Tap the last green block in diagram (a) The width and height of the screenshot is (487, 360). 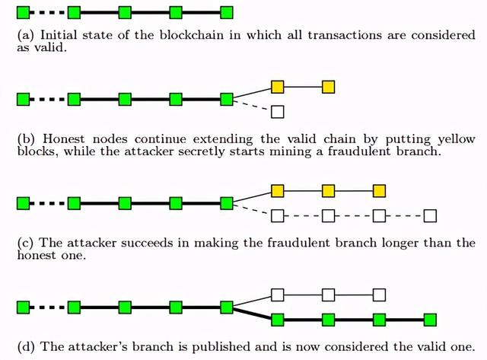(226, 12)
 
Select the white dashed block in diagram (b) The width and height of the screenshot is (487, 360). (278, 112)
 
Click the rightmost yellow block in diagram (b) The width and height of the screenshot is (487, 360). (328, 87)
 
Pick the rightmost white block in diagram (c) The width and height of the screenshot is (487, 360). (430, 216)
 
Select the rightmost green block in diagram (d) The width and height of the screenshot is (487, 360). (430, 320)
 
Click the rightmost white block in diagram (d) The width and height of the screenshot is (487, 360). (379, 295)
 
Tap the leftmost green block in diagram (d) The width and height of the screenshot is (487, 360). (23, 307)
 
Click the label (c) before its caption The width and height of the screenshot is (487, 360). (25, 244)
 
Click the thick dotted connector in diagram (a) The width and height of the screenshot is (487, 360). (48, 12)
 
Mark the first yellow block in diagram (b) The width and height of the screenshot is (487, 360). (278, 87)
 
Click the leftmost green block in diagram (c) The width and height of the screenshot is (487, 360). (23, 203)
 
